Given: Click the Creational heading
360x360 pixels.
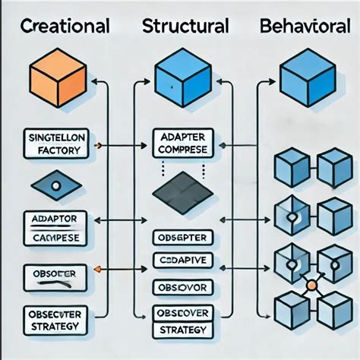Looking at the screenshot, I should pyautogui.click(x=64, y=27).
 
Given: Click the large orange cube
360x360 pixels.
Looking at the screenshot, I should pyautogui.click(x=54, y=80).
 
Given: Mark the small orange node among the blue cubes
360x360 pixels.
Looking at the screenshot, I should pyautogui.click(x=310, y=287).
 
